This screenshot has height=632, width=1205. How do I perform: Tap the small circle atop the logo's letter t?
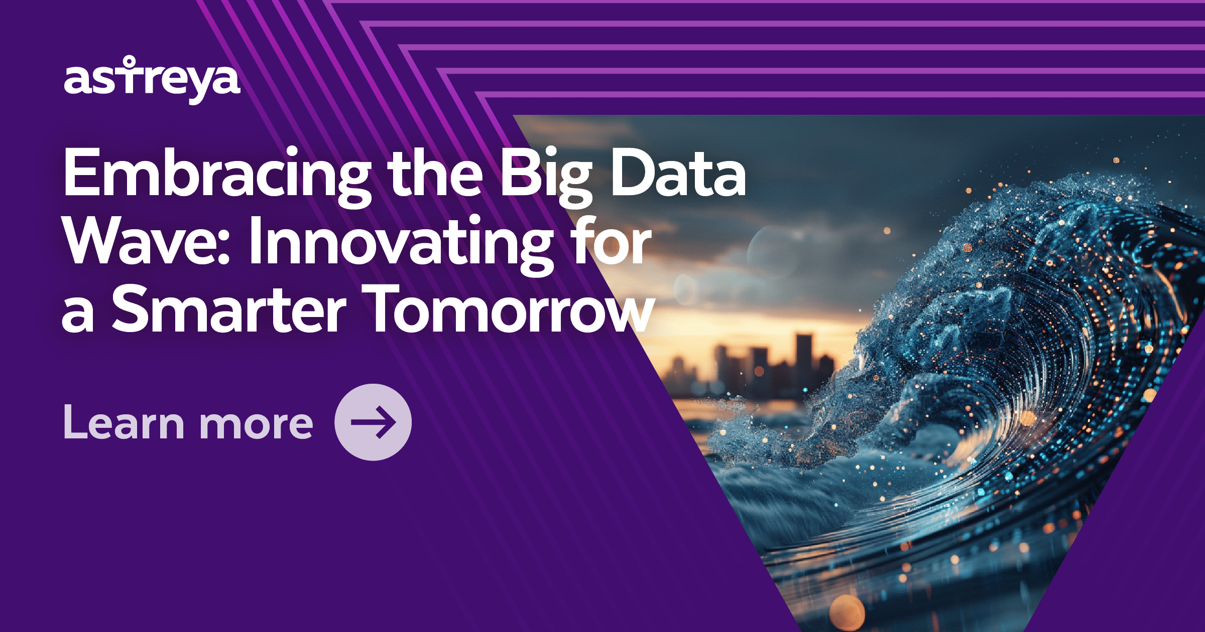[x=130, y=61]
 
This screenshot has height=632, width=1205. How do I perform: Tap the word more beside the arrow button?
[x=256, y=424]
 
